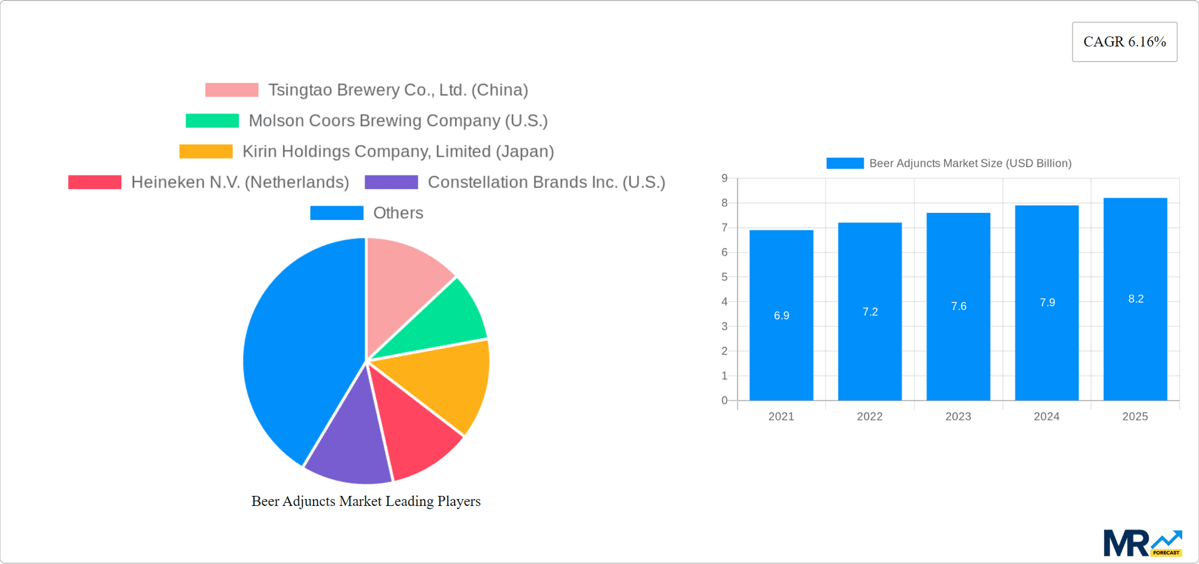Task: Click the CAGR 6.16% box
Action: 1124,42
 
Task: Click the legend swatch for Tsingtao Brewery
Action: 232,90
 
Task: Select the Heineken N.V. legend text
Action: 240,182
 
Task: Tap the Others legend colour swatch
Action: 337,213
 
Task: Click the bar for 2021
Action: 781,350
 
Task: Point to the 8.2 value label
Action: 1135,299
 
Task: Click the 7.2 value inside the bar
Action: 870,312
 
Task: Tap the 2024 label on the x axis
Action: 1047,417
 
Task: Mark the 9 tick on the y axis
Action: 724,179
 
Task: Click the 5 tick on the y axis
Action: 724,277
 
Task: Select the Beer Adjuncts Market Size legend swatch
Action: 844,163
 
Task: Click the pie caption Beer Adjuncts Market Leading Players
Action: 366,501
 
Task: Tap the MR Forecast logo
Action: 1142,543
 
